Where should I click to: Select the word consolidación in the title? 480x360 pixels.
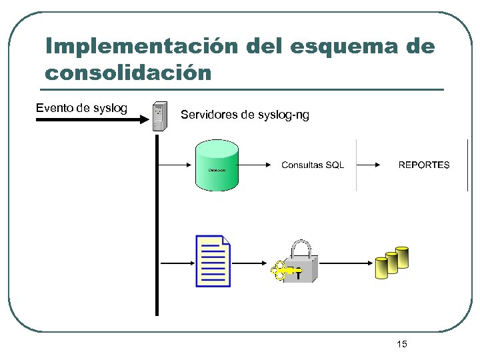click(x=128, y=71)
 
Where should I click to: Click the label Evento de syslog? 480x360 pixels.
click(x=81, y=108)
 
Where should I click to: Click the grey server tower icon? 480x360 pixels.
click(x=159, y=117)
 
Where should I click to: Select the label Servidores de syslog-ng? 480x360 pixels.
click(x=245, y=115)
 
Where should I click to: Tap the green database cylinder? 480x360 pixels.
click(x=217, y=165)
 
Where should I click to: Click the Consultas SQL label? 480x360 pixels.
click(x=313, y=165)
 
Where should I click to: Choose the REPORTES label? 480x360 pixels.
click(x=424, y=165)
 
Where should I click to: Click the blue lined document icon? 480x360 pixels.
click(x=213, y=261)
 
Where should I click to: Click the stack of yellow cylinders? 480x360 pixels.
click(x=391, y=262)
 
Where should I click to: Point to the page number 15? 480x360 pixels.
click(x=401, y=344)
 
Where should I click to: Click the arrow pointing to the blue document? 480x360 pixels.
click(x=177, y=263)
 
